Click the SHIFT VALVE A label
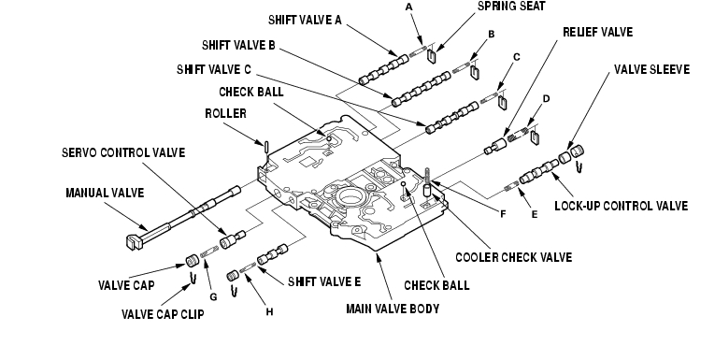click(x=305, y=20)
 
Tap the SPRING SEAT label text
click(x=511, y=6)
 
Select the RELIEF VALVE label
click(x=598, y=32)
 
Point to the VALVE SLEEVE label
click(x=651, y=69)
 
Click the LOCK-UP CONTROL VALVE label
click(x=621, y=206)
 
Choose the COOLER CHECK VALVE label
click(x=513, y=257)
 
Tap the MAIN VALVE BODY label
click(x=393, y=309)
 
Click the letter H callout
click(x=269, y=312)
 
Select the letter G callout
click(x=213, y=297)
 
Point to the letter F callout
click(x=503, y=214)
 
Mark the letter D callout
click(x=546, y=98)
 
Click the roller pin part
click(x=266, y=147)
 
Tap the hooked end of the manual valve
click(x=132, y=241)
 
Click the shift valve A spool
click(x=383, y=69)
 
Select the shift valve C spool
click(x=451, y=118)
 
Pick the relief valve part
click(x=495, y=147)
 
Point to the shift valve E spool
click(x=272, y=254)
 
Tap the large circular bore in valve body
click(x=350, y=197)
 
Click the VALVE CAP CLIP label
click(x=163, y=314)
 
